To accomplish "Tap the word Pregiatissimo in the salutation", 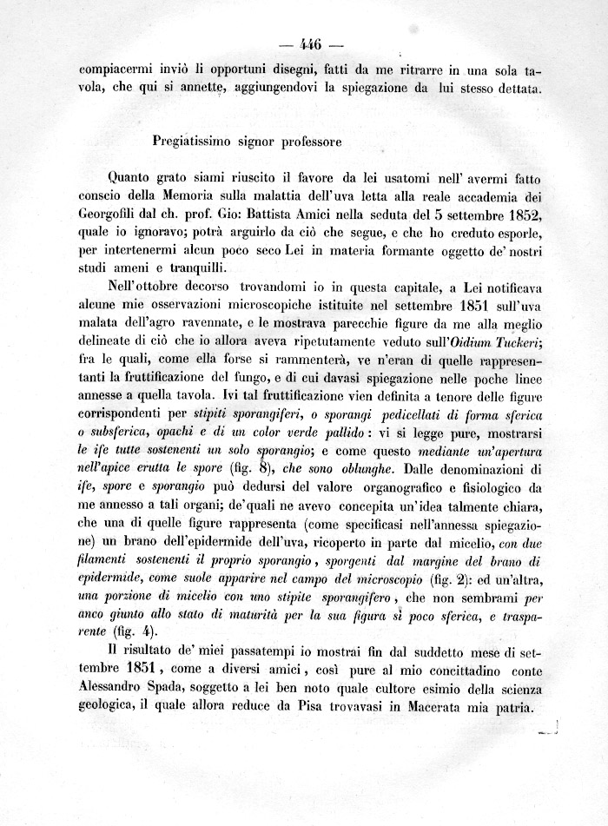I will tap(188, 138).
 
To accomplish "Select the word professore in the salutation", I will tap(308, 138).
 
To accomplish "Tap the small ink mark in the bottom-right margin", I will tap(547, 730).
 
